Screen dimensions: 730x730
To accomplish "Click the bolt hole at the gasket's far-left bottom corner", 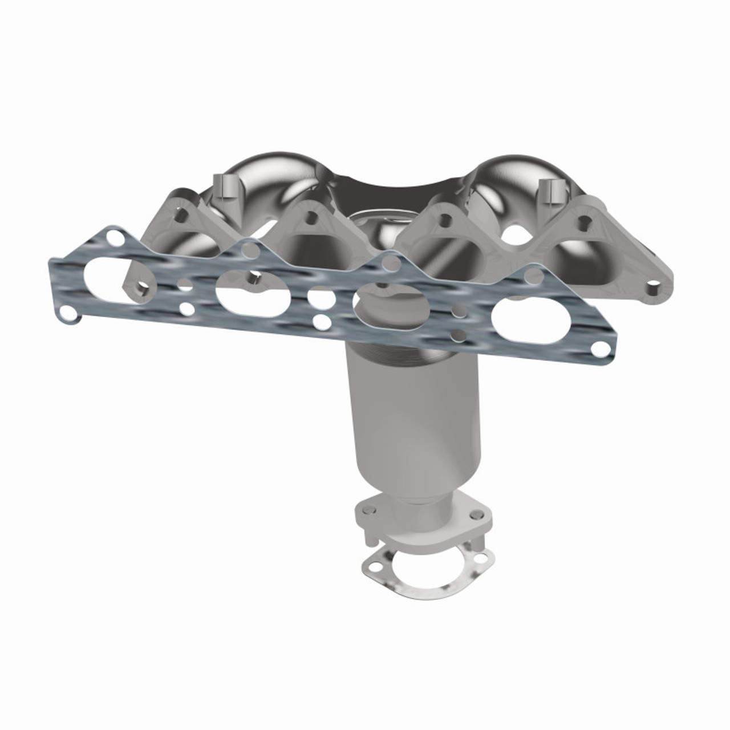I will (x=70, y=313).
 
